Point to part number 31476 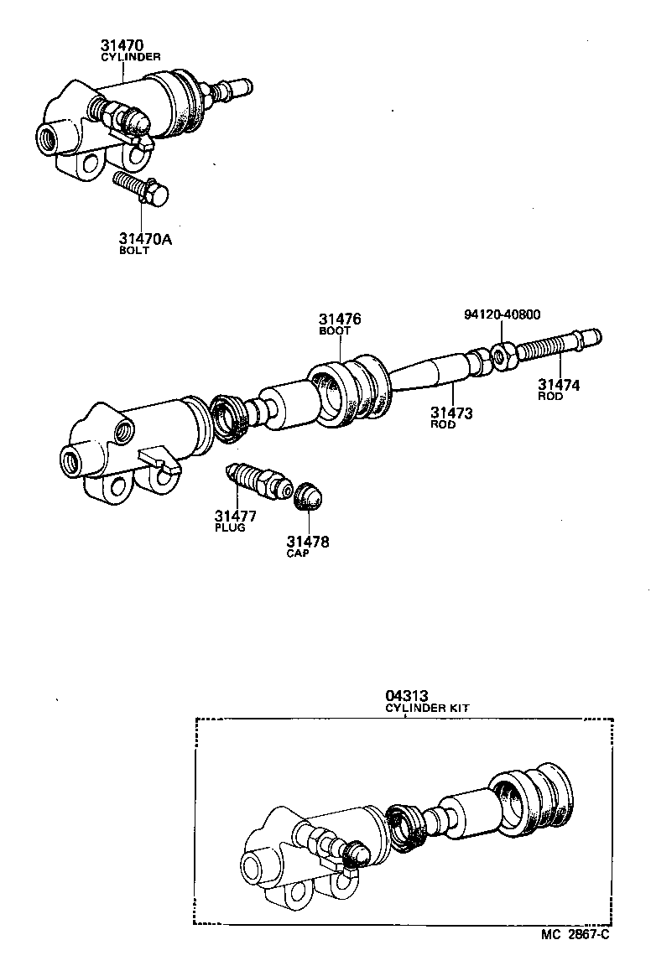pyautogui.click(x=339, y=319)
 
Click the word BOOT pyautogui.click(x=334, y=331)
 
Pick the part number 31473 pyautogui.click(x=452, y=412)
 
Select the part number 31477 pyautogui.click(x=235, y=516)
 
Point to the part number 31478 pyautogui.click(x=308, y=542)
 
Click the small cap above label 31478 pyautogui.click(x=307, y=496)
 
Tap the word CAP pyautogui.click(x=298, y=554)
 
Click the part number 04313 pyautogui.click(x=407, y=695)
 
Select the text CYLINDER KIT pyautogui.click(x=427, y=708)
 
